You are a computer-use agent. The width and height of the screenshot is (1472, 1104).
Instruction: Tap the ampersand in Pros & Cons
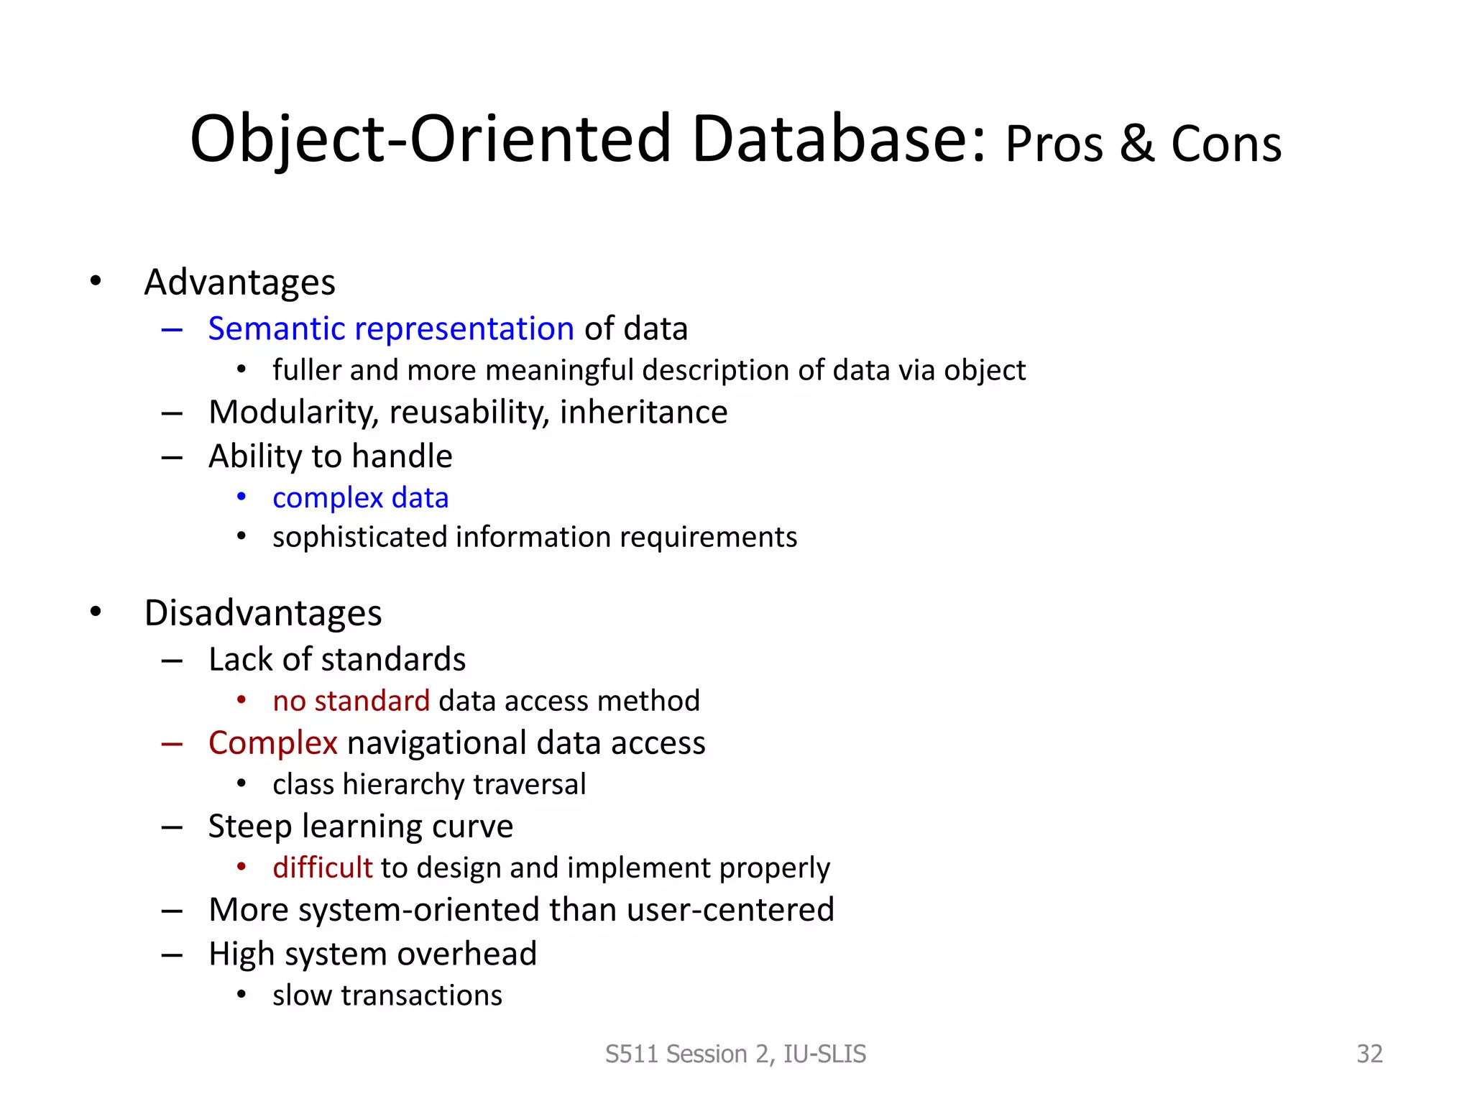coord(1137,144)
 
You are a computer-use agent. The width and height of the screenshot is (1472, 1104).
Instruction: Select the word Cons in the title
coord(1226,144)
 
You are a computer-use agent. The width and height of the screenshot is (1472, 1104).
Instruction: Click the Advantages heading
coord(239,282)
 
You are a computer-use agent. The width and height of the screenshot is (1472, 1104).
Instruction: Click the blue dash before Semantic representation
coord(172,330)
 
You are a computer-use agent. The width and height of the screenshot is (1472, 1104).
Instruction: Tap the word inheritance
coord(643,413)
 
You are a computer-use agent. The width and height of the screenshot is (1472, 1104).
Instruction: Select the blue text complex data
coord(360,497)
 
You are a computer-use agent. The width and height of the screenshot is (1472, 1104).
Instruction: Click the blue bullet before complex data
coord(241,497)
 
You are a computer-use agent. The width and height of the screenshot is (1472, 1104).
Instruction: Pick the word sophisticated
coord(359,538)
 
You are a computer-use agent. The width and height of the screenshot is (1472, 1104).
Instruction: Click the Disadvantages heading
coord(262,613)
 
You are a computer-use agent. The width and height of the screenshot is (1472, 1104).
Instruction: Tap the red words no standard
coord(351,701)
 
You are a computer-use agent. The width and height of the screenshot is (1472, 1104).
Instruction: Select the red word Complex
coord(272,743)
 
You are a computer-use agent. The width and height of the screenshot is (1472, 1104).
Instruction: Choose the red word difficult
coord(322,868)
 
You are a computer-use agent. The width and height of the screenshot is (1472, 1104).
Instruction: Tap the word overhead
coord(466,954)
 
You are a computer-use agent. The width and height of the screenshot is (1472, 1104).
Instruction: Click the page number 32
coord(1368,1054)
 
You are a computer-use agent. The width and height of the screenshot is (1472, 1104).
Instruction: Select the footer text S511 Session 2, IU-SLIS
coord(735,1054)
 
